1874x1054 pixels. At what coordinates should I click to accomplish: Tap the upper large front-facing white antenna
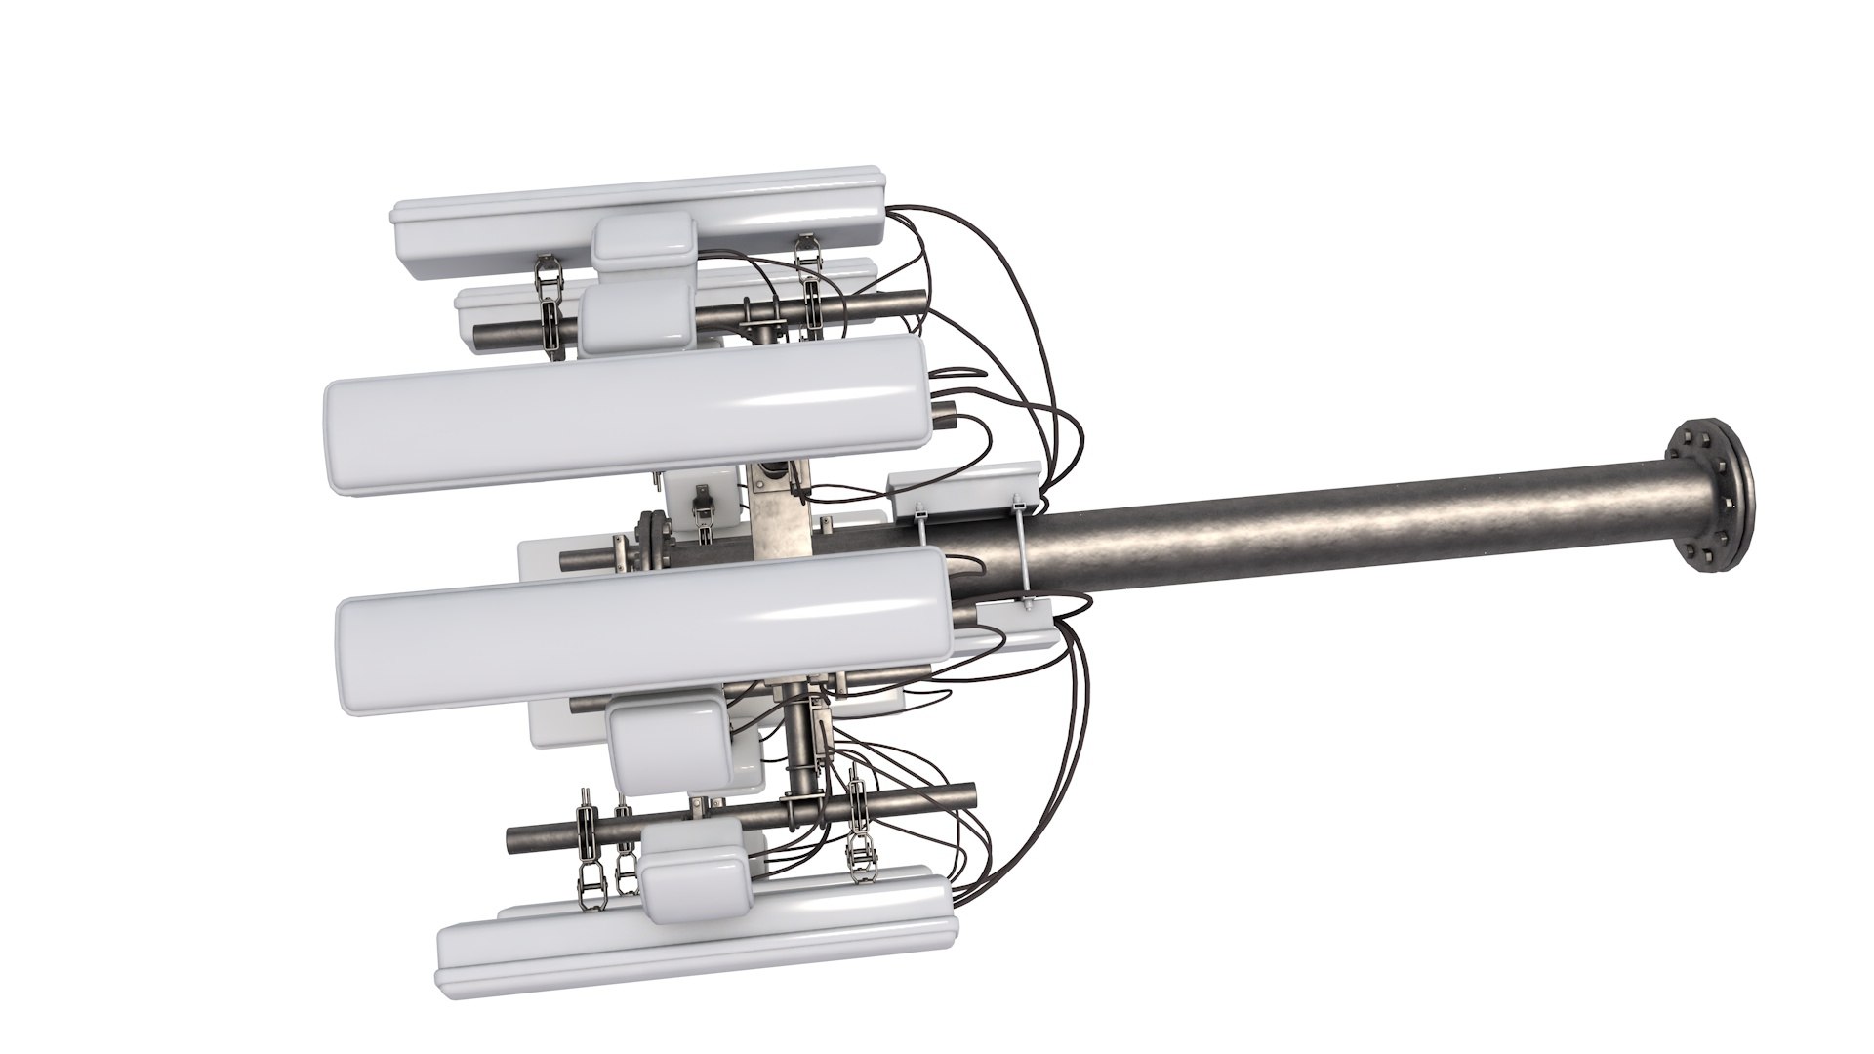(625, 405)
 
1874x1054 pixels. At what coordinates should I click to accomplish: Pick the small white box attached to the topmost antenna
(644, 239)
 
